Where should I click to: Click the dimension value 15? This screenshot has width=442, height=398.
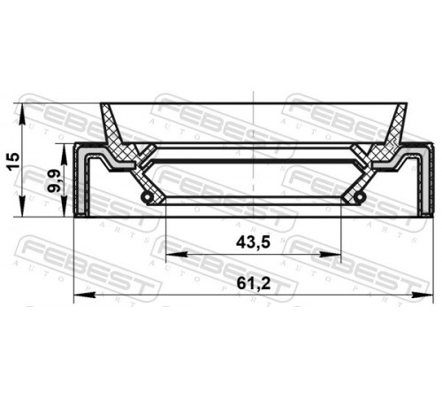point(13,161)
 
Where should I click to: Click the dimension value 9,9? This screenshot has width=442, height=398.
point(55,180)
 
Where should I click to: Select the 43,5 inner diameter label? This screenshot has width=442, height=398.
point(253,242)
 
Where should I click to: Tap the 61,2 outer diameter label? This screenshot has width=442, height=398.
point(254,284)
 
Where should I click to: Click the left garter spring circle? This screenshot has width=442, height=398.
point(147,198)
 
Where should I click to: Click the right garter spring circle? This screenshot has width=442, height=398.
point(360,198)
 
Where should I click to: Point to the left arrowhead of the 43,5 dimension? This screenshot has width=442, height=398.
point(177,254)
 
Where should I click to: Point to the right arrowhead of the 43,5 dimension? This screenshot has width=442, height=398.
point(330,254)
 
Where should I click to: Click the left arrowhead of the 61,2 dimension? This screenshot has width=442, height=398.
point(85,295)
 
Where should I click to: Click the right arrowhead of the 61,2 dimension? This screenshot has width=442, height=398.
point(423,295)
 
